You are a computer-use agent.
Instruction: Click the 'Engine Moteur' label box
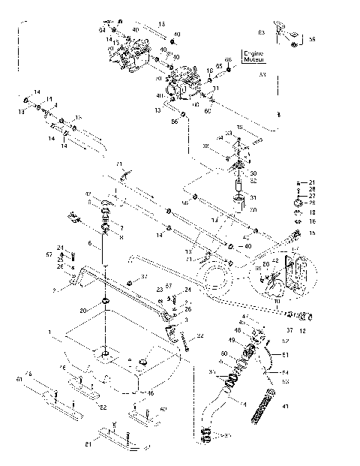(x=253, y=56)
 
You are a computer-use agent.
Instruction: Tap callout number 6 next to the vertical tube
(x=89, y=244)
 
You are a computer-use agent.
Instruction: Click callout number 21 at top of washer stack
(x=313, y=182)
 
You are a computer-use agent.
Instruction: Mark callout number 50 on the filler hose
(x=223, y=353)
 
